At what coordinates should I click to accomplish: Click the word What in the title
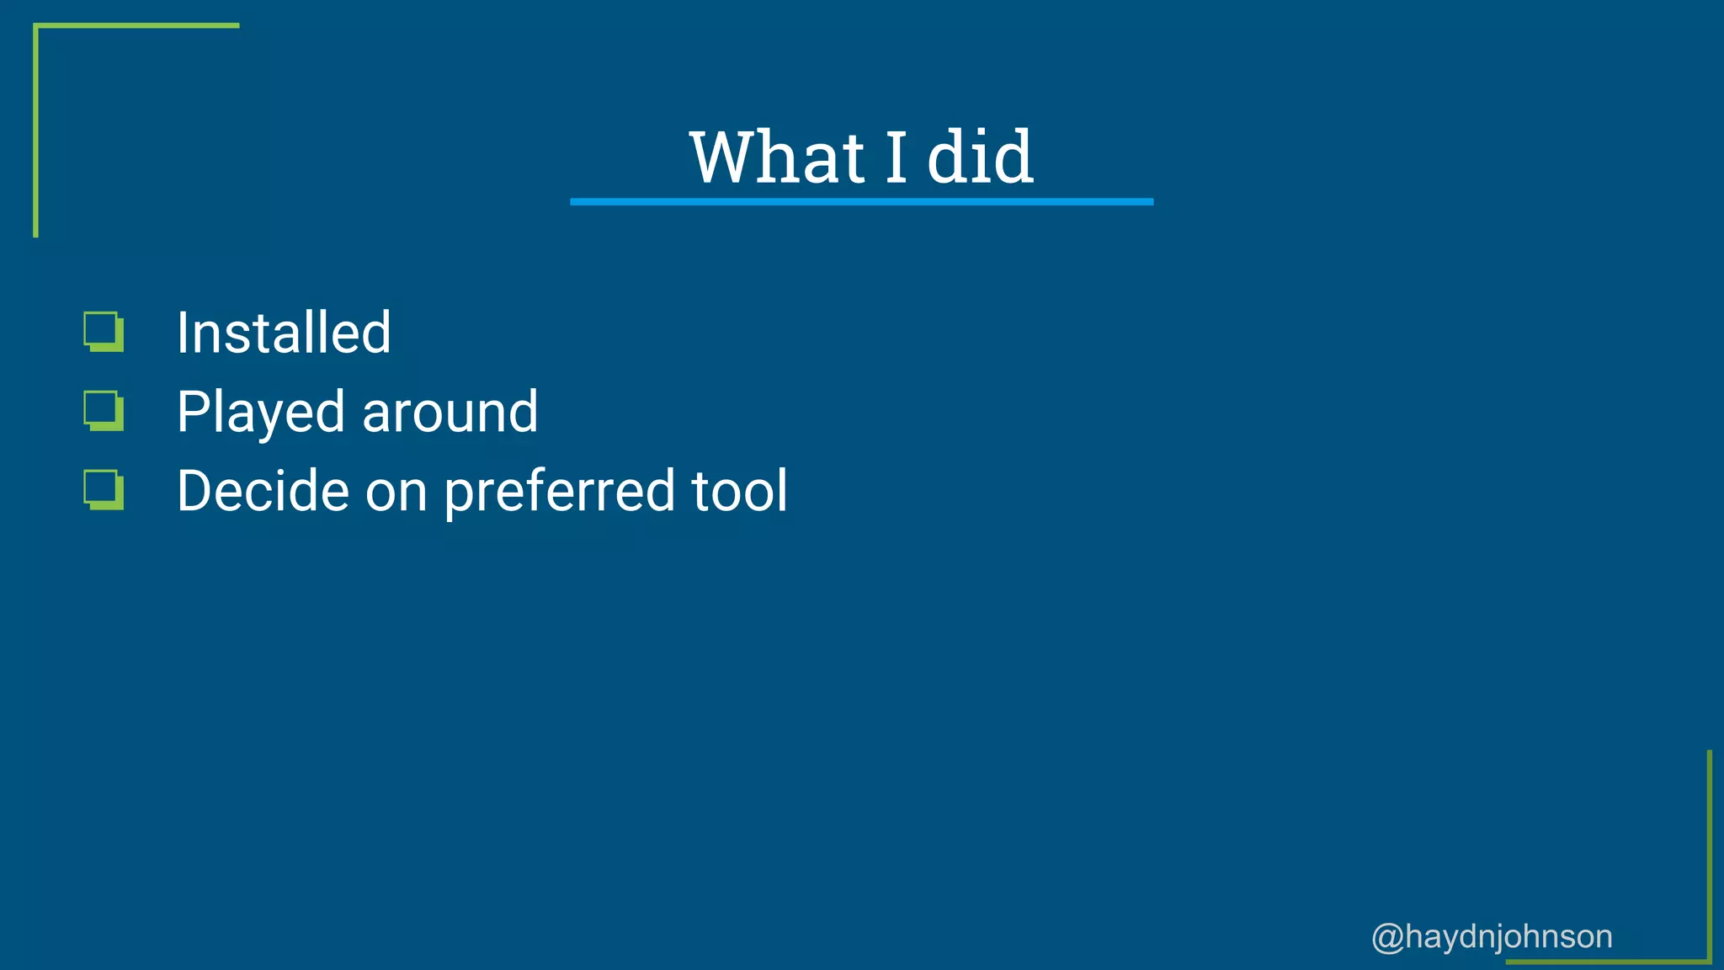click(776, 157)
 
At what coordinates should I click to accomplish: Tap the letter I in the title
click(896, 157)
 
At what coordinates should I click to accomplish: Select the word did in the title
click(980, 157)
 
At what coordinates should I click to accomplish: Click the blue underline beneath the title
click(861, 202)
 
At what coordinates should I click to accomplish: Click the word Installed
click(284, 333)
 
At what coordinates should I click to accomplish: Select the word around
click(450, 413)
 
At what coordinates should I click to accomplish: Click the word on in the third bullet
click(396, 493)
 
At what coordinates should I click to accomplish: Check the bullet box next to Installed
click(104, 332)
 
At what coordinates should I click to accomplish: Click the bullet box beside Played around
click(104, 411)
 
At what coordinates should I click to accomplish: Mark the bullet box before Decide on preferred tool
click(104, 490)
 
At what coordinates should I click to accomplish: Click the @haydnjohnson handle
click(1492, 936)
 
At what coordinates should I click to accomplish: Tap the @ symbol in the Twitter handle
click(1387, 937)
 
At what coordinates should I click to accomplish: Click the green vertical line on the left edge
click(35, 131)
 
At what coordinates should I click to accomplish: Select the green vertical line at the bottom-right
click(1710, 855)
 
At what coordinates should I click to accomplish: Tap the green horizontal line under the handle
click(1608, 961)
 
